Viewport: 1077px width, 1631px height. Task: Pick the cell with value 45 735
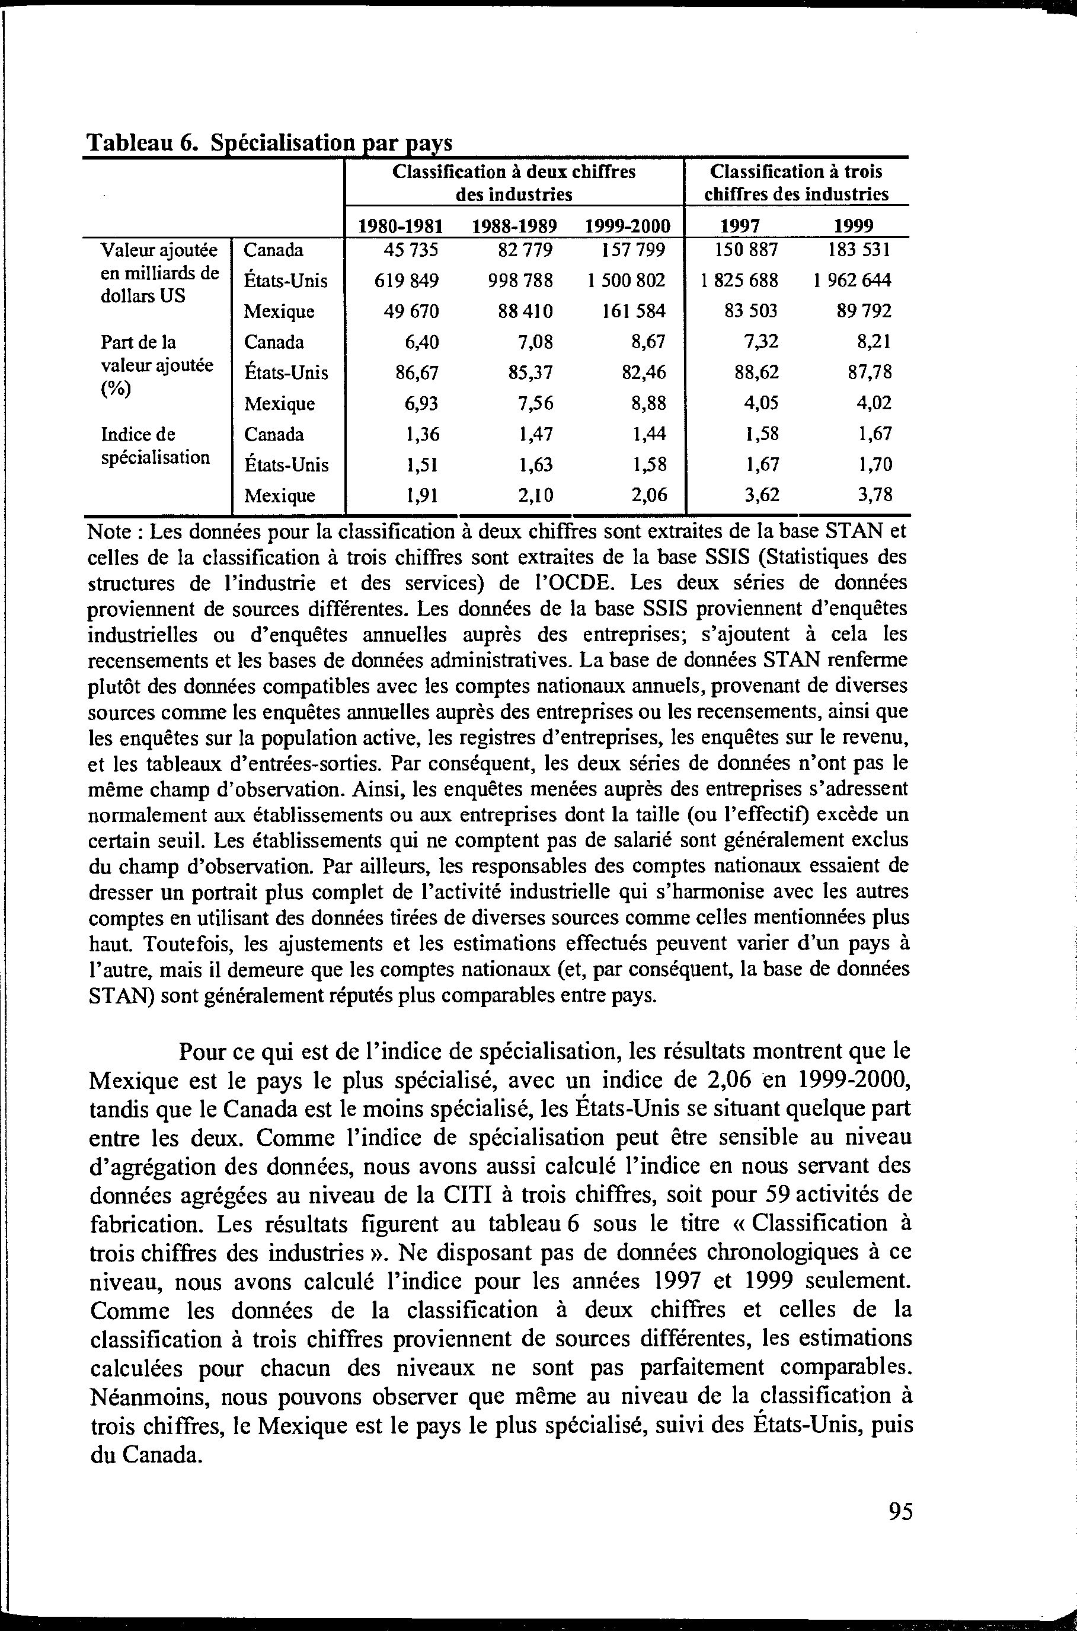coord(410,250)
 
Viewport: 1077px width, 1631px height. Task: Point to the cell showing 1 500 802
coord(626,281)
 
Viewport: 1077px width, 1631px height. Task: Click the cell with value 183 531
coord(859,250)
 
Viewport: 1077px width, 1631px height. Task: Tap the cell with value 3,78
coord(874,495)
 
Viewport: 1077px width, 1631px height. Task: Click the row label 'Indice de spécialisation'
coord(155,445)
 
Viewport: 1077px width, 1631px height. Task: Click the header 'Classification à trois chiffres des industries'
coord(796,182)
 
